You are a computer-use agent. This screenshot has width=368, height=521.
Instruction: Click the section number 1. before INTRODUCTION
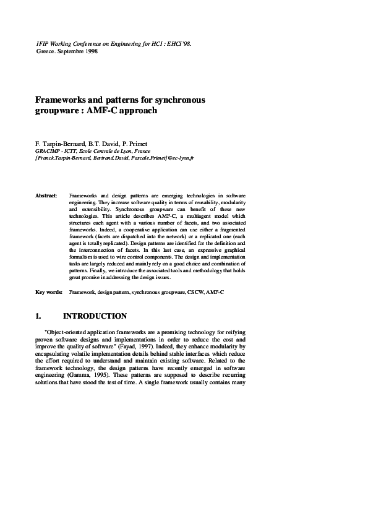click(39, 316)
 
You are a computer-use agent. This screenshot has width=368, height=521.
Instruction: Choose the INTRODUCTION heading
click(95, 316)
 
